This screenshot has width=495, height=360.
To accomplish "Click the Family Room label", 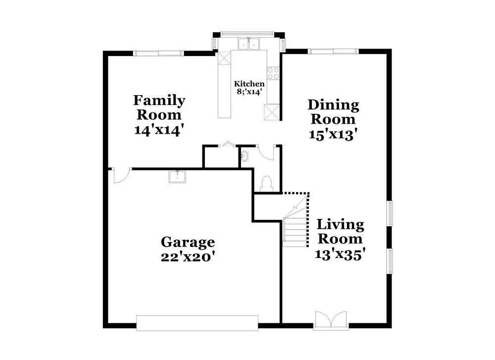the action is pos(159,107).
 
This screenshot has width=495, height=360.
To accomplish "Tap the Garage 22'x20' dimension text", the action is pos(188,257).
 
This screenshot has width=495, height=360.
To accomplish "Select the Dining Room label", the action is pos(333,112).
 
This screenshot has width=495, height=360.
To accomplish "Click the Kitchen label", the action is pos(249,84).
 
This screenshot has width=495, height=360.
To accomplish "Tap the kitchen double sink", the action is pos(249,44).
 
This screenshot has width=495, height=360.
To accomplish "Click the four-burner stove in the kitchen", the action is pos(273,73).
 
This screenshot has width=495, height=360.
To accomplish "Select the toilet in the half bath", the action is pos(267,184).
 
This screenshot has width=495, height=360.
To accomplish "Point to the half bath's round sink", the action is pos(245,155).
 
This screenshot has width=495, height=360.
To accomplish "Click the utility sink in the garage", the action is pos(177,177).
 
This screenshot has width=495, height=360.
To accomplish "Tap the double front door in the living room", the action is pos(331,320).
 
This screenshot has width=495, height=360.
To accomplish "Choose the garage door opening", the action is pos(198,323).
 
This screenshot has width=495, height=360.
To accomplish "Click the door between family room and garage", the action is pos(122,176).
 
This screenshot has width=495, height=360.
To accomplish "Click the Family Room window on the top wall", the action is pos(158,53).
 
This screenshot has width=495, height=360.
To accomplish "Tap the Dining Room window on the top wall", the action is pos(333,51).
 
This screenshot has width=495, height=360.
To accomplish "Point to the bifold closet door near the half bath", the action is pos(228,144).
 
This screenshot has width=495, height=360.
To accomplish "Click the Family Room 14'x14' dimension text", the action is pos(159,130).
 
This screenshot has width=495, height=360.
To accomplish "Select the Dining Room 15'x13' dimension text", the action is pos(333,135).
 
